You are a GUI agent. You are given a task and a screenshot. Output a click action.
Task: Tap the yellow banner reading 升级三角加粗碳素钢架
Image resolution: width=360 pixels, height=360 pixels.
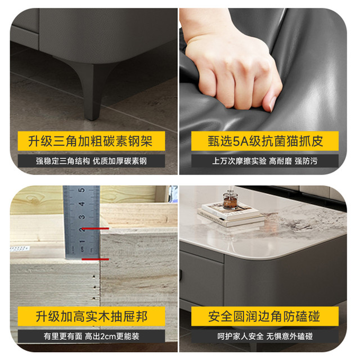[x=91, y=141]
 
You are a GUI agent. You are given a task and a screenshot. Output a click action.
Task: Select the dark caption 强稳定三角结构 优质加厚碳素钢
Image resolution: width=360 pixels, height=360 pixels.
[x=91, y=161]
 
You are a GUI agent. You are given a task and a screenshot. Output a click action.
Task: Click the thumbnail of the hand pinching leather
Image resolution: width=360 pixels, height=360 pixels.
[x=263, y=91]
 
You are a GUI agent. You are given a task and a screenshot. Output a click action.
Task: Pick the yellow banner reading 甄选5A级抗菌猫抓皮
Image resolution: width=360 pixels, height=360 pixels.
[x=265, y=141]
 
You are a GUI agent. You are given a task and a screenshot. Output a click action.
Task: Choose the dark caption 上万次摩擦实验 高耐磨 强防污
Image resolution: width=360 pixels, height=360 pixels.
[x=265, y=161]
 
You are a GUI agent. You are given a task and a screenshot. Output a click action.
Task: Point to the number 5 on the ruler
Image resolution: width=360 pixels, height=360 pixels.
[x=82, y=190]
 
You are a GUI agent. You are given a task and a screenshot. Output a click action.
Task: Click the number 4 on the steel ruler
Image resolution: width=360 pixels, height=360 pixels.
[x=82, y=204]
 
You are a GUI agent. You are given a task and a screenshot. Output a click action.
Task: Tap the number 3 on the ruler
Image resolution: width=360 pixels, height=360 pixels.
[x=82, y=217]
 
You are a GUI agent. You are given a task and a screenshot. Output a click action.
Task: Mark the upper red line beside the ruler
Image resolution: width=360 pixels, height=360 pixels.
[x=95, y=229]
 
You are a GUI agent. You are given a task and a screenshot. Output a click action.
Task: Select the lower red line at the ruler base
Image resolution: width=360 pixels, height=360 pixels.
[x=95, y=259]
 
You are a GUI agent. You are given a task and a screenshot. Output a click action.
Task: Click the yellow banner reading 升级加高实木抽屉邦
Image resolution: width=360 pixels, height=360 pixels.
[x=91, y=316]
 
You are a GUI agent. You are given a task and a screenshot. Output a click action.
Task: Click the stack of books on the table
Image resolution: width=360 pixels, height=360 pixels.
[x=231, y=215]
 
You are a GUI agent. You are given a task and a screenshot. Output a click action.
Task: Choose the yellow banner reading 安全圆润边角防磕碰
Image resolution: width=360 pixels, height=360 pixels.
[x=265, y=316]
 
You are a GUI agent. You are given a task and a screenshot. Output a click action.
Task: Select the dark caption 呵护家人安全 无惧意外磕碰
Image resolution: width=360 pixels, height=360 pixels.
[x=265, y=336]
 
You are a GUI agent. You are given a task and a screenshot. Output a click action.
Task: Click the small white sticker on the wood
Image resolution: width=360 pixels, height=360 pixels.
[x=20, y=249]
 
